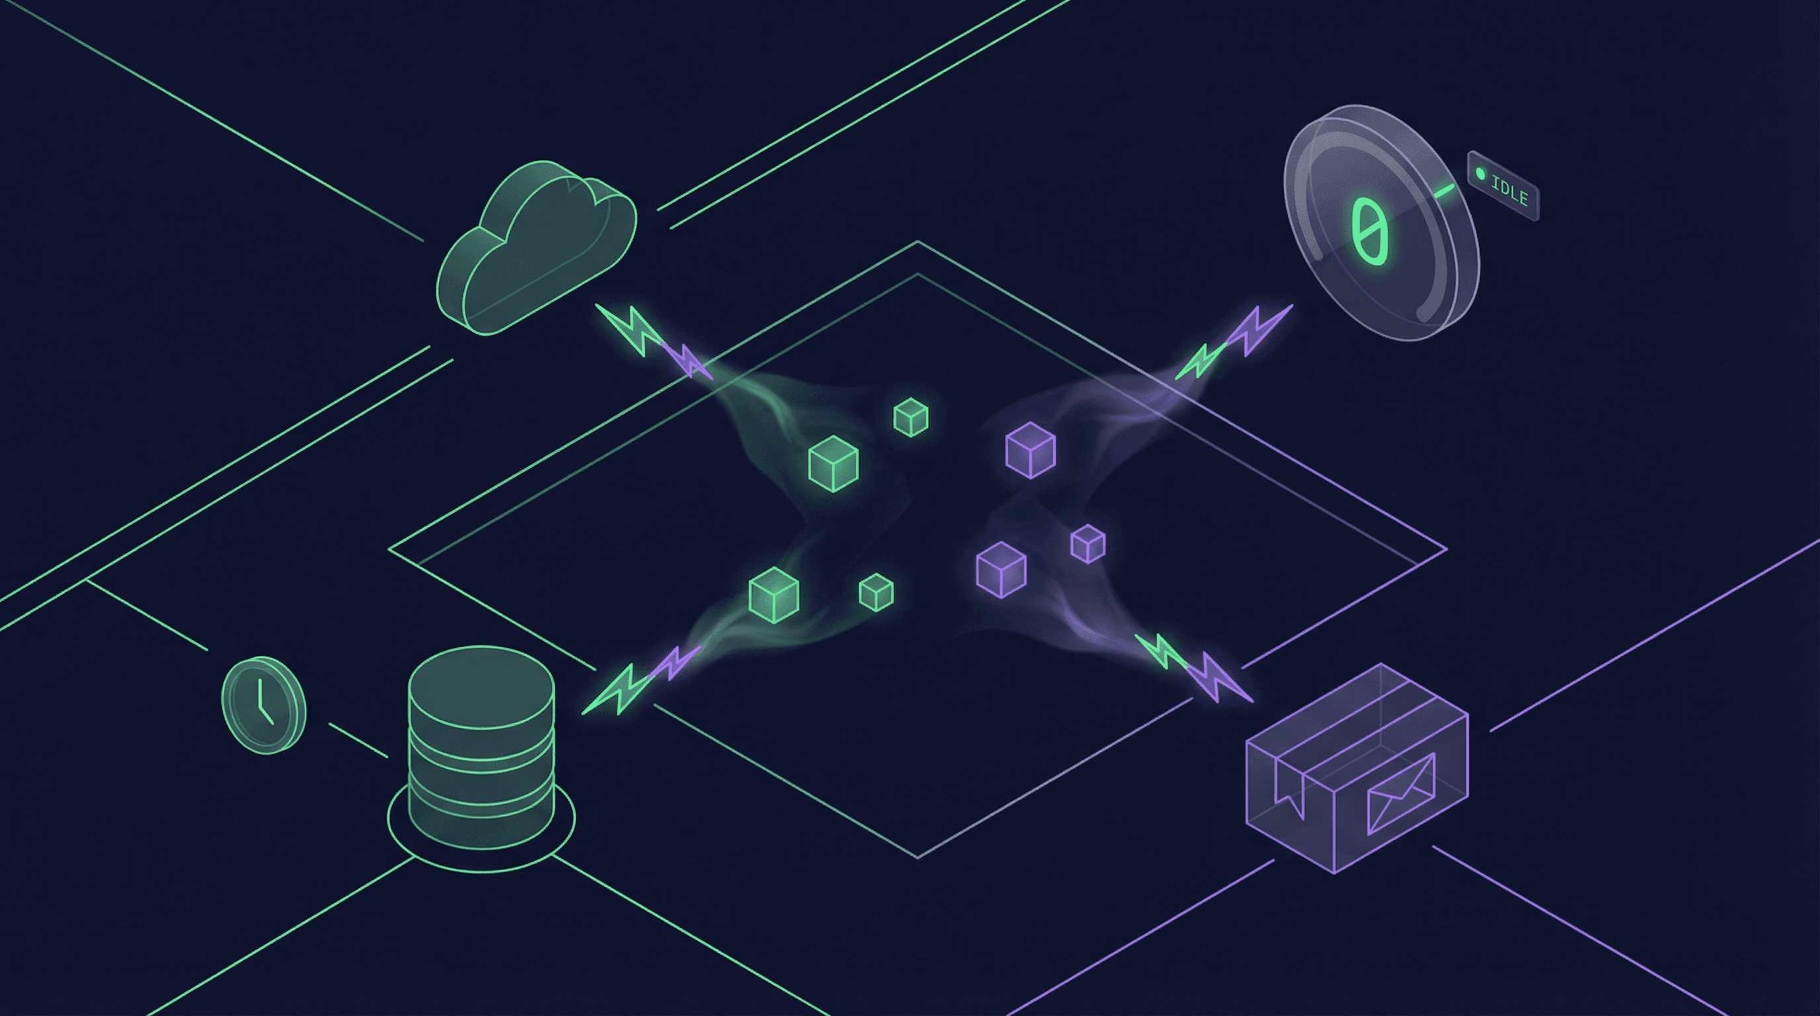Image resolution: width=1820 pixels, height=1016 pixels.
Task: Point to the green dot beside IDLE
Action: point(1481,174)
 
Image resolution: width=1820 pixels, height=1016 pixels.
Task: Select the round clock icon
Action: point(263,705)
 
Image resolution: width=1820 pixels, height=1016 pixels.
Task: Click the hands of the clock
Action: point(262,703)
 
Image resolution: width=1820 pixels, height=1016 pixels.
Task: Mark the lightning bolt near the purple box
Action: point(1194,668)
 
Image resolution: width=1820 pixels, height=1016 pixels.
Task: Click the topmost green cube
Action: point(911,417)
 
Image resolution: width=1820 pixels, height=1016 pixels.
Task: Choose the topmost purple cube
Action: point(1030,450)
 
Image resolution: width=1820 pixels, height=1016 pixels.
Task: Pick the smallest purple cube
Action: point(1088,543)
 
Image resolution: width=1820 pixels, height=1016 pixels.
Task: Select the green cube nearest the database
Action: point(774,595)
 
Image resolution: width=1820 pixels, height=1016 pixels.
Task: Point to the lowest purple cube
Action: point(1001,570)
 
